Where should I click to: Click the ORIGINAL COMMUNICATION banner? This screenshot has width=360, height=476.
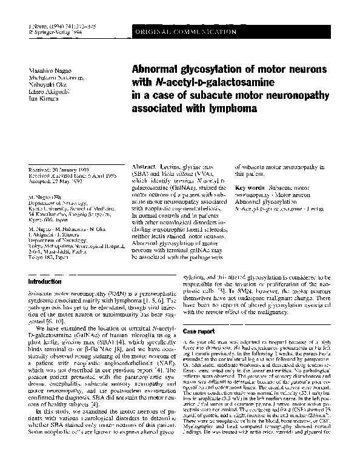186,30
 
